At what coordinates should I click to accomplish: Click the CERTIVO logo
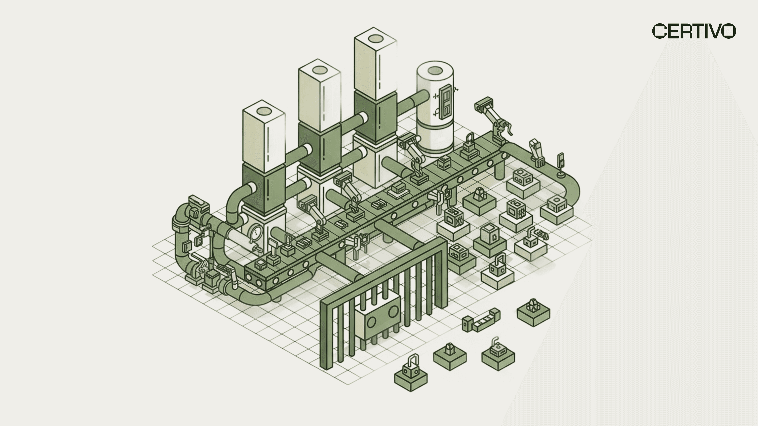[694, 31]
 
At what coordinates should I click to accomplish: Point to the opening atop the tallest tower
[375, 38]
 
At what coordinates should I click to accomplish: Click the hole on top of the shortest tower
[264, 111]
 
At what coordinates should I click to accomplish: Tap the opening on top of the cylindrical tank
[435, 71]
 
